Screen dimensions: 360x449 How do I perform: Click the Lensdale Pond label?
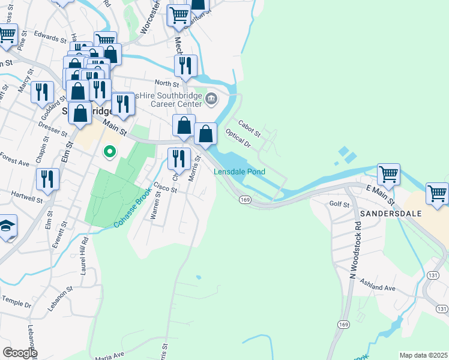pyautogui.click(x=240, y=172)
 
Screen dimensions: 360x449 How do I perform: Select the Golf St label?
pyautogui.click(x=340, y=205)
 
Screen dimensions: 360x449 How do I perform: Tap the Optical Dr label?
pyautogui.click(x=238, y=137)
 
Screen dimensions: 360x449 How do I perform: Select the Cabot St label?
pyautogui.click(x=249, y=127)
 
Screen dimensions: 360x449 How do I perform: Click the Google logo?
pyautogui.click(x=19, y=352)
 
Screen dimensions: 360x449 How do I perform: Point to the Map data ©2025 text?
pyautogui.click(x=423, y=355)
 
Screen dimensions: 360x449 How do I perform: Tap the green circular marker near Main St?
pyautogui.click(x=109, y=151)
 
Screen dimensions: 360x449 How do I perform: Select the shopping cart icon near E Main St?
pyautogui.click(x=388, y=174)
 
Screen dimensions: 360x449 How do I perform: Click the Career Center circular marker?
pyautogui.click(x=212, y=100)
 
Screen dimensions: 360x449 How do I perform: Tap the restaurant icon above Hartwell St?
pyautogui.click(x=47, y=178)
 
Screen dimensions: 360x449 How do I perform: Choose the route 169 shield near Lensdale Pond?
pyautogui.click(x=244, y=199)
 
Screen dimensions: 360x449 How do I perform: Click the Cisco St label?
pyautogui.click(x=165, y=188)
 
